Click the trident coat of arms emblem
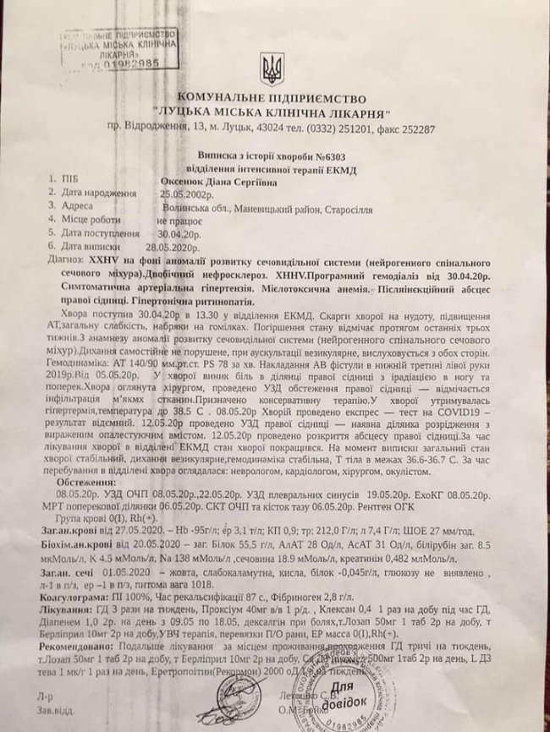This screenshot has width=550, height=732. (272, 68)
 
